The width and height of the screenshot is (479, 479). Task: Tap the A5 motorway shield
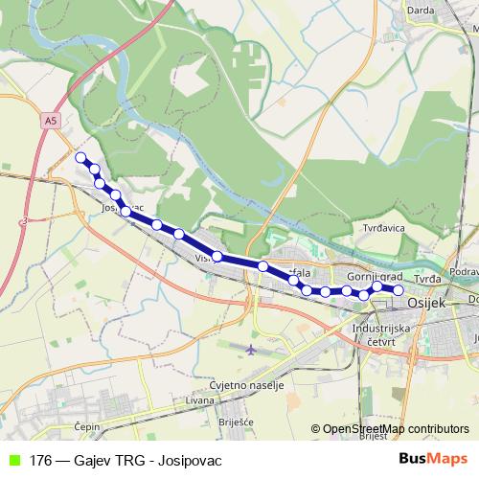click(51, 121)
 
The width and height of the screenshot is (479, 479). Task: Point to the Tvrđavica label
click(387, 229)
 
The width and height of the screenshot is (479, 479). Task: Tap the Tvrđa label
click(427, 279)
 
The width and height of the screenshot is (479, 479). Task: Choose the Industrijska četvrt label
click(381, 334)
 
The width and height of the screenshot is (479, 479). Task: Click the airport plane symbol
click(251, 348)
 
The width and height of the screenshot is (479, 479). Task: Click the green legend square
click(13, 460)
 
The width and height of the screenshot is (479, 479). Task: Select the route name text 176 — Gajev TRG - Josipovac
click(119, 460)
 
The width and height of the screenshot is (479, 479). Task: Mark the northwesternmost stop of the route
click(81, 157)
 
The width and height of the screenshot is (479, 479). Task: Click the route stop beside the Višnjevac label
click(218, 256)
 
